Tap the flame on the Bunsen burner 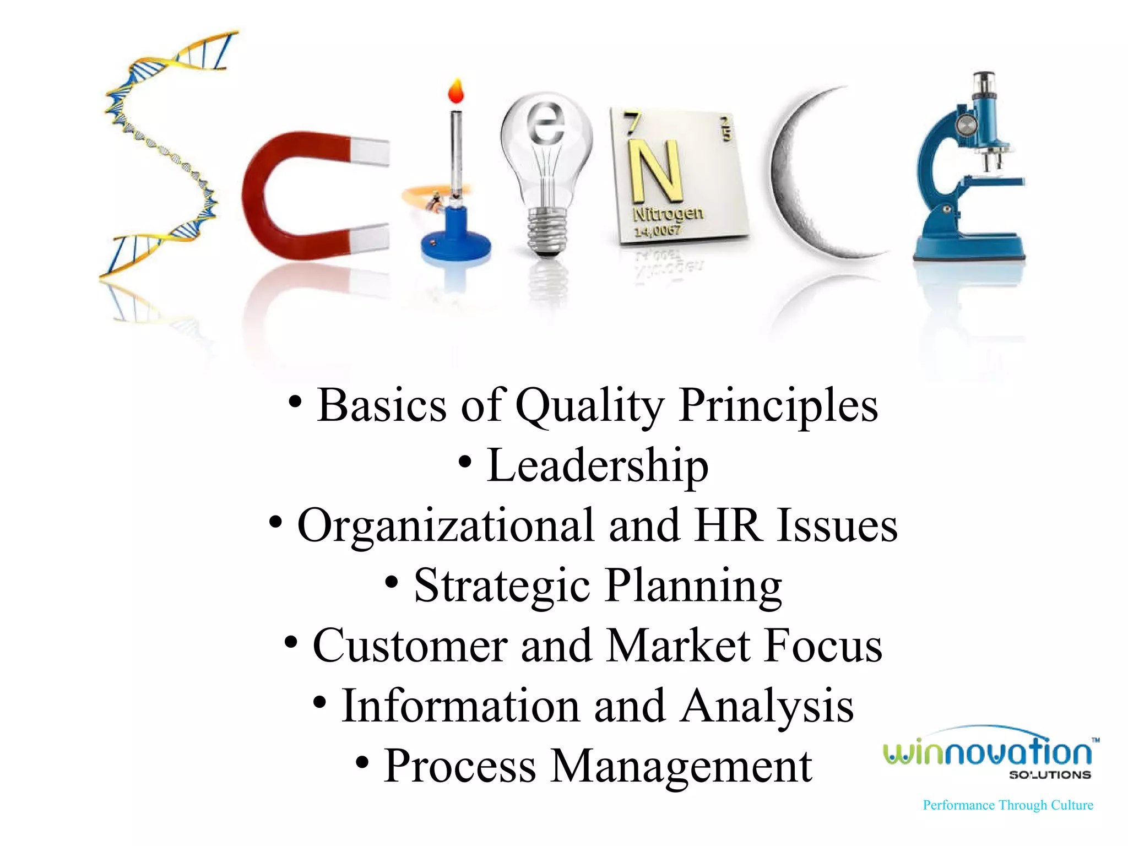pyautogui.click(x=456, y=91)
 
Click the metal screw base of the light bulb pyautogui.click(x=547, y=231)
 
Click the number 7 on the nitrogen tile pyautogui.click(x=631, y=122)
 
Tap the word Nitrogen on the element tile pyautogui.click(x=668, y=213)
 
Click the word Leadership pyautogui.click(x=597, y=466)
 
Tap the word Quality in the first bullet pyautogui.click(x=589, y=406)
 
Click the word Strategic pyautogui.click(x=502, y=586)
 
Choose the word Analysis pyautogui.click(x=767, y=706)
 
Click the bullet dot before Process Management pyautogui.click(x=362, y=763)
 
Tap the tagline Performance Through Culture pyautogui.click(x=1008, y=805)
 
